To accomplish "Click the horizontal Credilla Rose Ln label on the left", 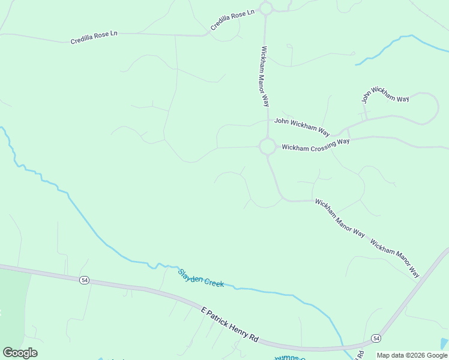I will (94, 37).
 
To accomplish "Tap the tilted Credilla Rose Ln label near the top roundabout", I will (233, 19).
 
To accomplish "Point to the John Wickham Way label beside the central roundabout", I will (302, 126).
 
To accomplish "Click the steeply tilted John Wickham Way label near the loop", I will (385, 95).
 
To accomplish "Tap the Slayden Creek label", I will (201, 278).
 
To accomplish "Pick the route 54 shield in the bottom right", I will (376, 338).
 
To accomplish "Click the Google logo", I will (20, 353).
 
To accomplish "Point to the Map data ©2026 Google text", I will (412, 355).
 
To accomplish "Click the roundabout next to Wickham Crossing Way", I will (267, 146).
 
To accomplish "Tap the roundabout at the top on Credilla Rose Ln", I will (267, 8).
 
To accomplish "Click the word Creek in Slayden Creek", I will (213, 281).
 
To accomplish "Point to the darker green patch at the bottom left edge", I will (13, 300).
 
